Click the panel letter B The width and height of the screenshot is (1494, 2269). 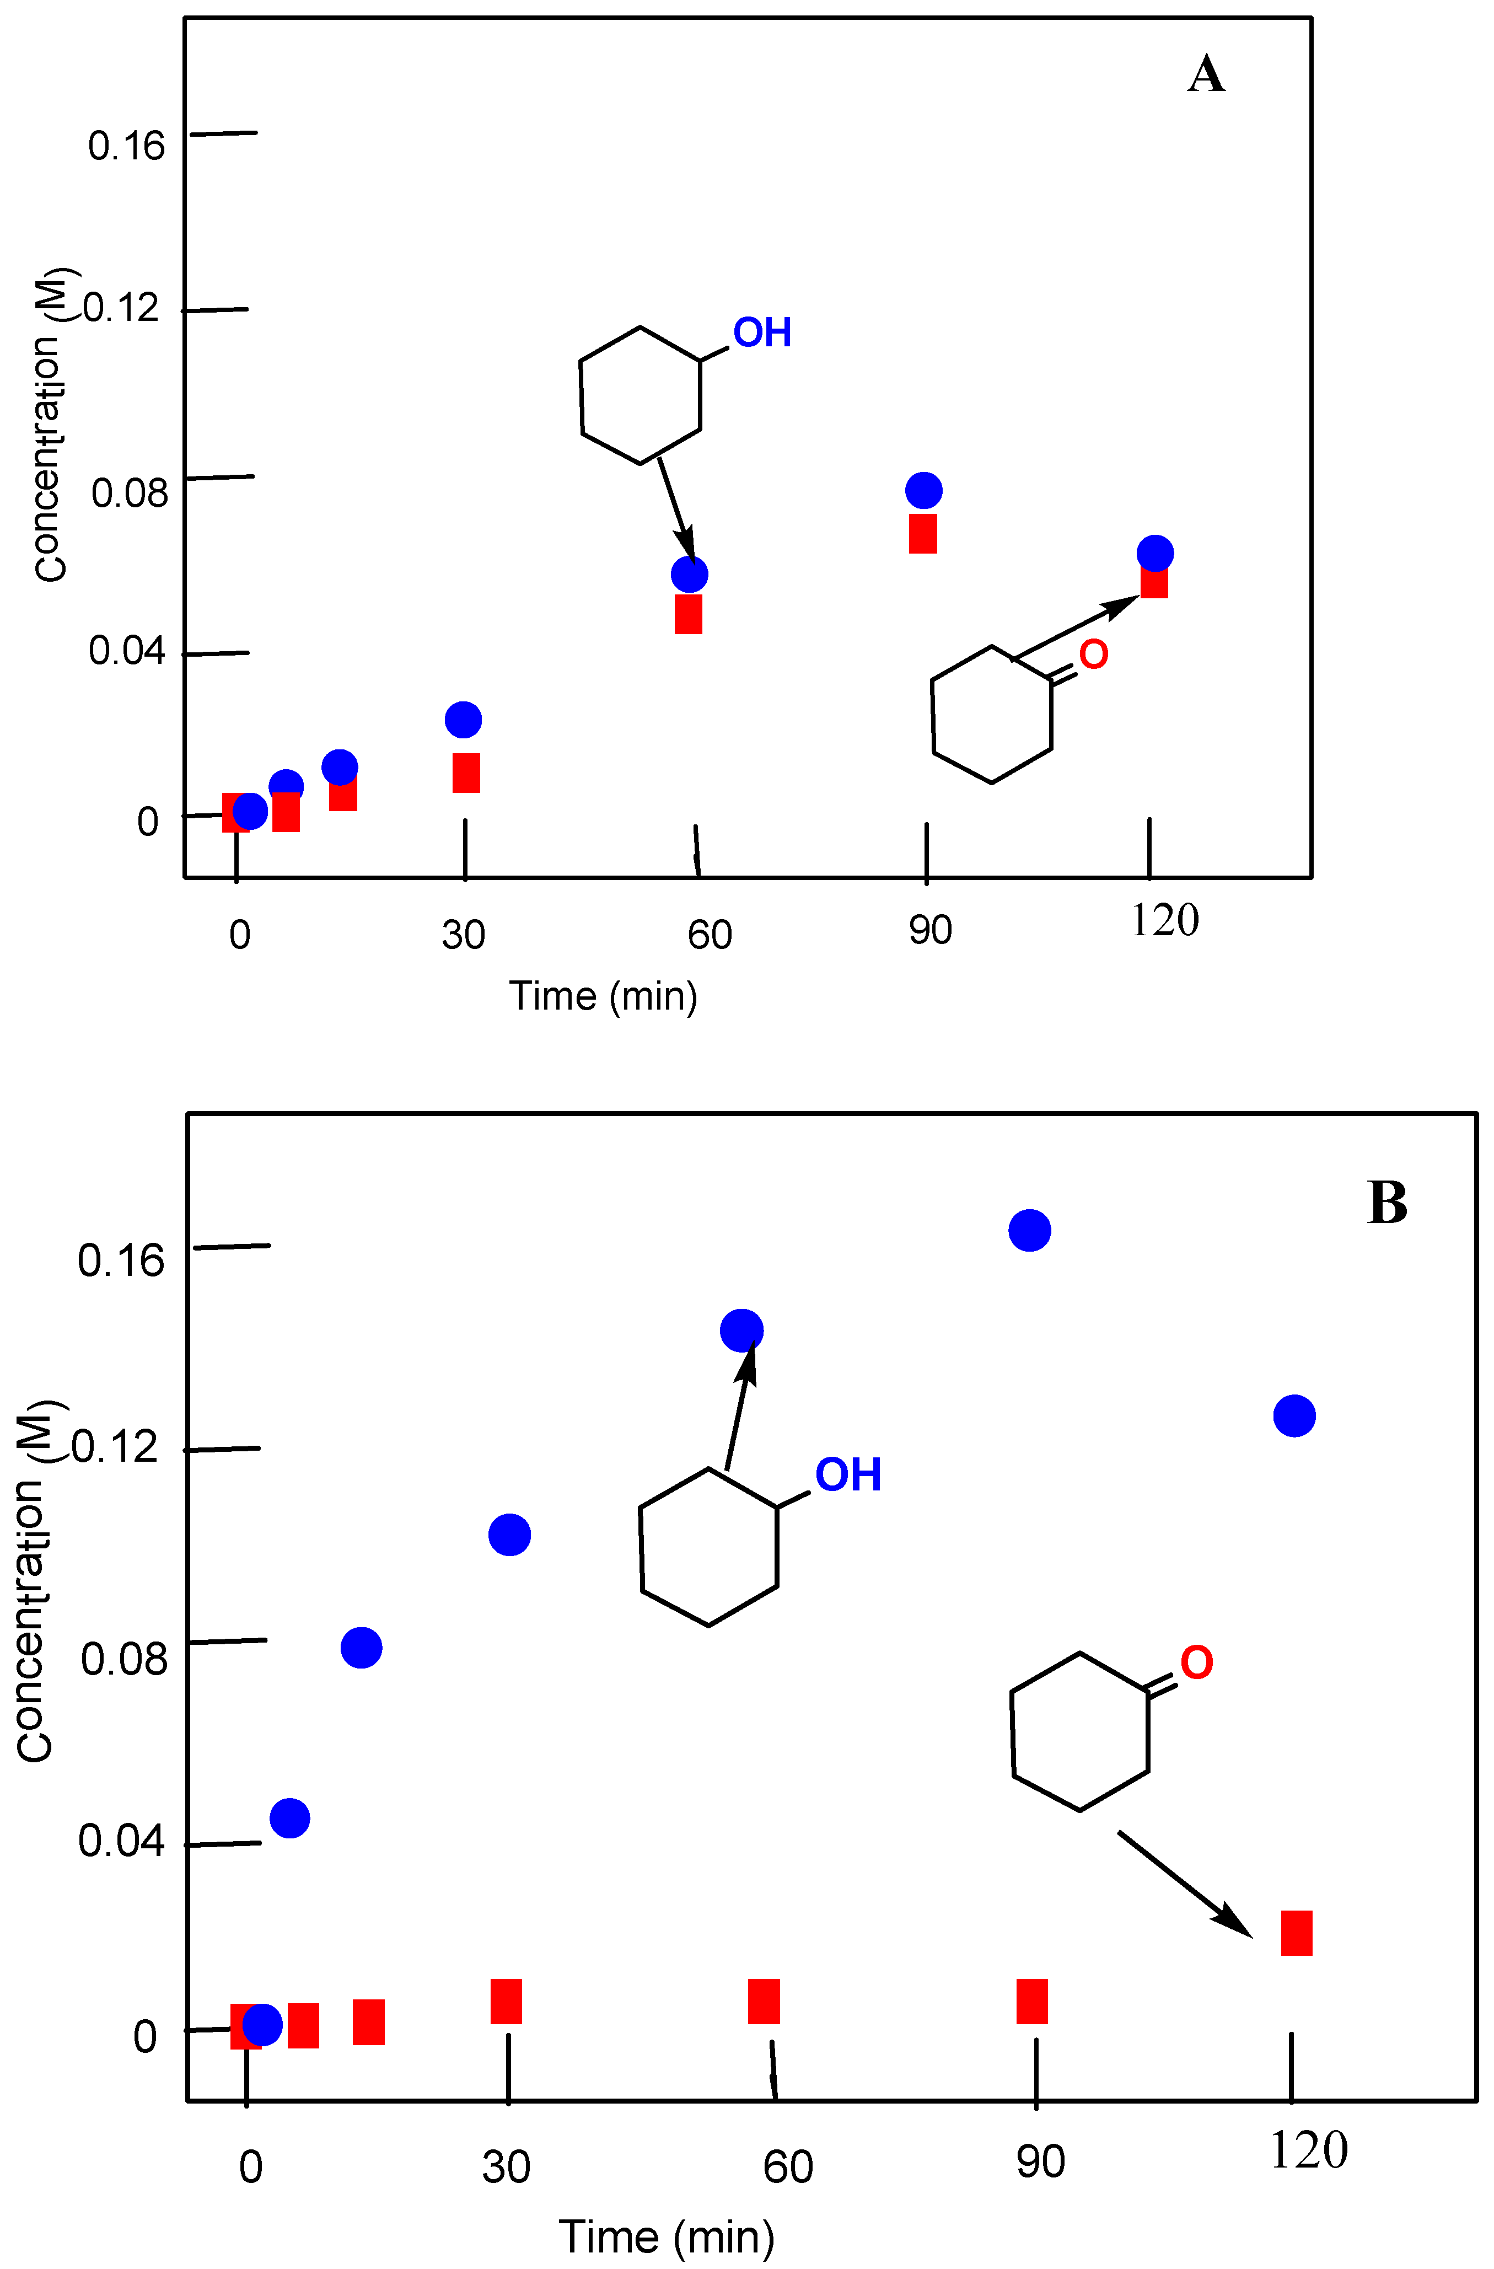(x=1386, y=1203)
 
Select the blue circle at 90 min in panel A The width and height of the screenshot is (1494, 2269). (x=923, y=490)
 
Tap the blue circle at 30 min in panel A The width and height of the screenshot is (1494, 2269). (x=463, y=719)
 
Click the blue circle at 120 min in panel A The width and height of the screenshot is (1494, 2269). (x=1154, y=553)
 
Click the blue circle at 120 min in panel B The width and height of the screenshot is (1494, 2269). (x=1294, y=1416)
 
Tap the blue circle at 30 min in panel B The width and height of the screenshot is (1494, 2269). (x=509, y=1535)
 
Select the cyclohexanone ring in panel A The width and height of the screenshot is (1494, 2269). (x=992, y=715)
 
